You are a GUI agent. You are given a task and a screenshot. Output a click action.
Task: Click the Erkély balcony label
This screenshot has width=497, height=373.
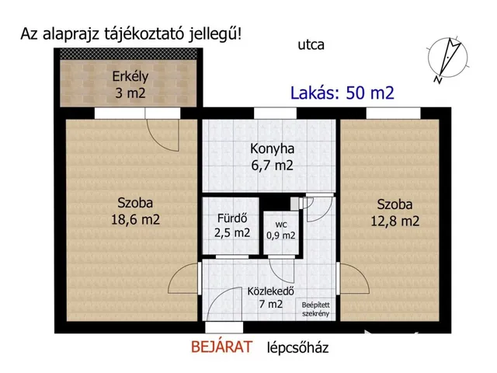coord(130,77)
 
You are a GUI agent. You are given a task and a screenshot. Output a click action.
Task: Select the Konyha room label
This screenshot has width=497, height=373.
coord(272,148)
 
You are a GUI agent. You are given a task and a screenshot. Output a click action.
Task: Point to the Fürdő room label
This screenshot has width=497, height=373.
coord(231,218)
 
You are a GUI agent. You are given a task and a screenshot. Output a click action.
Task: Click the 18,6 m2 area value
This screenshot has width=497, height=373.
coord(135,220)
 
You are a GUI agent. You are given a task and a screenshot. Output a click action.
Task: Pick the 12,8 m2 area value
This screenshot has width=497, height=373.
coord(394,221)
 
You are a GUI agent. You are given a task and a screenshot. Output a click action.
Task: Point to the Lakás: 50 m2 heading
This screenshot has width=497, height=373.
coord(342,93)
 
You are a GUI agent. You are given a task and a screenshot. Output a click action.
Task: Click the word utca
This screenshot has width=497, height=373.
coord(310,45)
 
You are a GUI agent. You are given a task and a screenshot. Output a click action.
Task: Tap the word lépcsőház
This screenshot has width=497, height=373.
coord(297,348)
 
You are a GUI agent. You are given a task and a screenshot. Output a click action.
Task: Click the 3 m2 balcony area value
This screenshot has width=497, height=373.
coord(129,94)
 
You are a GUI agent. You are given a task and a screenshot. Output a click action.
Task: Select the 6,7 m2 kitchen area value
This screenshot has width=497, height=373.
coord(272,166)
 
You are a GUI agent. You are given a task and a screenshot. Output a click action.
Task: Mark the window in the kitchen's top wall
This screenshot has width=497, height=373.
coord(271,113)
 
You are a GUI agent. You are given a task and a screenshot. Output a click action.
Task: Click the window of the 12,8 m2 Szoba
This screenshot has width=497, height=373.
coord(388,113)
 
